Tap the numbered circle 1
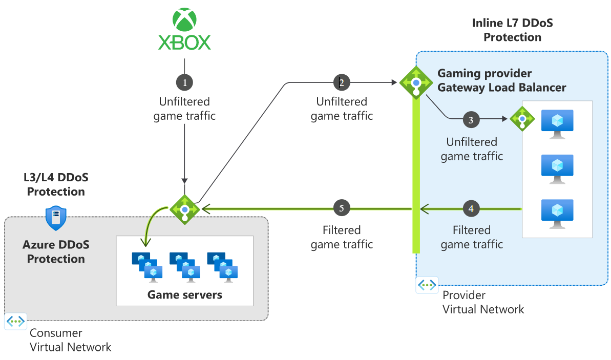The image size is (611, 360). coord(184,82)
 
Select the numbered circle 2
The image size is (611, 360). coord(342,82)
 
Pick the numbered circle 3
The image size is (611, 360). coord(471,120)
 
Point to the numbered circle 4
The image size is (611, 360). coord(471,208)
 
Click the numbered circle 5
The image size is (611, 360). coord(342,208)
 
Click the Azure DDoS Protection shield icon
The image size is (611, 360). coord(56,219)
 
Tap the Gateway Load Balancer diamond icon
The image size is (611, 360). coord(416,82)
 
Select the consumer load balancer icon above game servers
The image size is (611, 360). coord(185,208)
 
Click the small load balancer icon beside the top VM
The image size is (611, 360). coord(522,119)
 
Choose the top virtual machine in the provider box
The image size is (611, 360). coord(557,123)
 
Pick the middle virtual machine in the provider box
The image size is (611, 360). coord(557,168)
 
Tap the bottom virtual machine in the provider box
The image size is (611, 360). coord(557,213)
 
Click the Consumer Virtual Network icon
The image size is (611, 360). coord(16,321)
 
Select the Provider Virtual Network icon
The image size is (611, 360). coord(427,285)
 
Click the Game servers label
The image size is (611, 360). coord(185,294)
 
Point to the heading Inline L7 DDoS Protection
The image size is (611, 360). coord(512,30)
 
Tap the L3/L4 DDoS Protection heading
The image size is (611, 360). coord(56,185)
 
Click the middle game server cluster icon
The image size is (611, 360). coord(185,266)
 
